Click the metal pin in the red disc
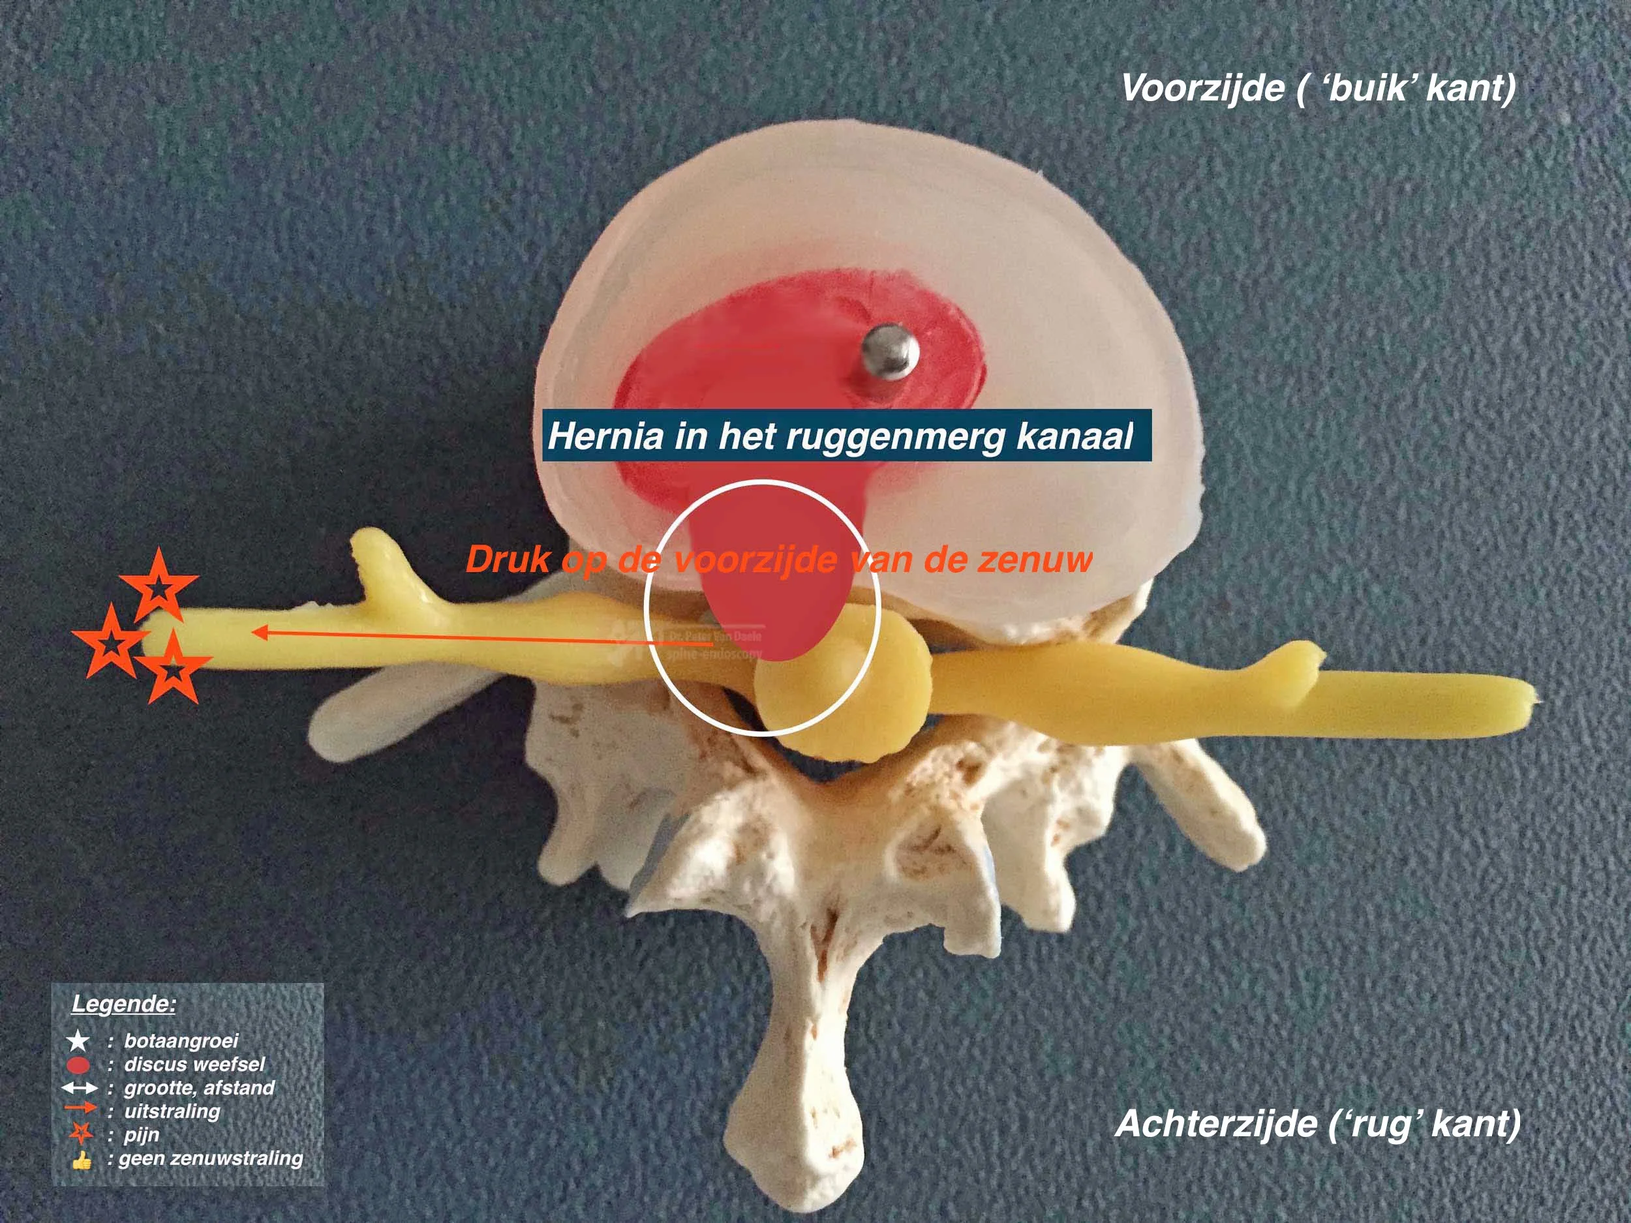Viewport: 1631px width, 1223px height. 889,352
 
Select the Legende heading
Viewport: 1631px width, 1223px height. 123,1003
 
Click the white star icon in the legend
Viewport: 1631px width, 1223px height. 78,1041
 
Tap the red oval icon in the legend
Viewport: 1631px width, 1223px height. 78,1064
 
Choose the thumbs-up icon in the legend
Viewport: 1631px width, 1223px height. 81,1160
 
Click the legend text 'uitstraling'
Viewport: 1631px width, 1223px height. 172,1111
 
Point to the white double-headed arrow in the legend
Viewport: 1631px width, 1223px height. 79,1088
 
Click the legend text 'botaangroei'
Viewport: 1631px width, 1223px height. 181,1040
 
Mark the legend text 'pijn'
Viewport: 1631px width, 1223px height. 142,1134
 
